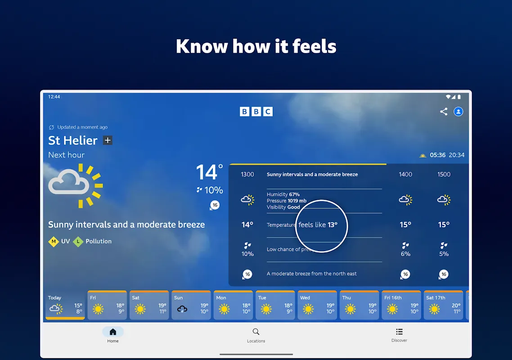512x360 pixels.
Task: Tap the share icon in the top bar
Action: point(444,112)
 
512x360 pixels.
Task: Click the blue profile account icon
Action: point(458,112)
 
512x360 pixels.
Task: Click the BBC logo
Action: point(256,112)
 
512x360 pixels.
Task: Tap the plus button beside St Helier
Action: point(108,140)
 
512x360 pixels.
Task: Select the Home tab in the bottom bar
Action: point(113,335)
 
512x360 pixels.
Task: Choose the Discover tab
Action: point(399,335)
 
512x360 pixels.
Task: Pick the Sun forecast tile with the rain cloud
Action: point(191,305)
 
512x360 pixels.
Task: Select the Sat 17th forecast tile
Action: point(443,305)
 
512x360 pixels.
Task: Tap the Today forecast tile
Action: point(65,305)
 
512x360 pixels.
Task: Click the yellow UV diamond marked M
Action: point(54,241)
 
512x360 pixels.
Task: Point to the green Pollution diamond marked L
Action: point(78,241)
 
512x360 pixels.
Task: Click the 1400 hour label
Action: point(405,175)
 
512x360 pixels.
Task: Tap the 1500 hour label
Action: point(444,175)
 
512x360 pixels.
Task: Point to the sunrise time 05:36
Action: point(438,155)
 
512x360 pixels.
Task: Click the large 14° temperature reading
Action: point(209,172)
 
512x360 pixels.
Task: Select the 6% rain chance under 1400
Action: point(405,254)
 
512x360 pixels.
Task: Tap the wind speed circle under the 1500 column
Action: point(444,274)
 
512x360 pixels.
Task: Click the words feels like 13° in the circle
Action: point(318,225)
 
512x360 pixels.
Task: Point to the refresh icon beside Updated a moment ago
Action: point(51,127)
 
